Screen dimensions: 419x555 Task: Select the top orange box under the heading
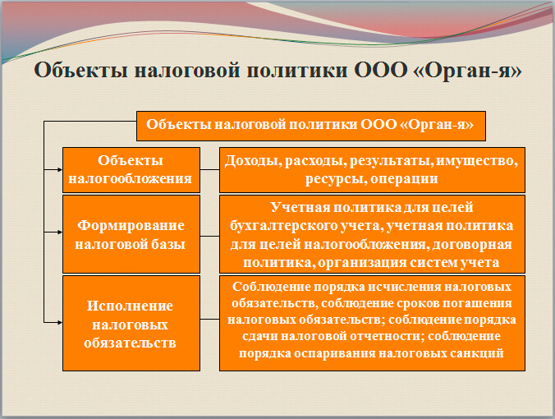click(310, 127)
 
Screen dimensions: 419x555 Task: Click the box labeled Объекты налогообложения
click(131, 168)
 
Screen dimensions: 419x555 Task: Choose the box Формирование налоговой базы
click(131, 233)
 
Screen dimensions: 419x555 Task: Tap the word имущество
click(476, 160)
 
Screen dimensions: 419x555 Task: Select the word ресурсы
click(332, 178)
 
